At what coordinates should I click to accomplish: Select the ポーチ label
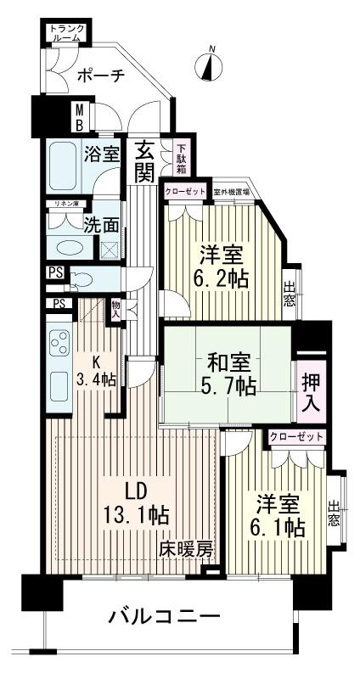pos(100,76)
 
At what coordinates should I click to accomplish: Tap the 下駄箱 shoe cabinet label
pos(181,156)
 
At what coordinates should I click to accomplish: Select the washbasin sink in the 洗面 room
pos(65,246)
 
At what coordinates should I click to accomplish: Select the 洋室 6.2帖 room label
pos(224,265)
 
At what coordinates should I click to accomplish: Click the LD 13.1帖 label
pos(136,502)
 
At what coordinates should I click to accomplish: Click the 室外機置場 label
pos(231,192)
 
